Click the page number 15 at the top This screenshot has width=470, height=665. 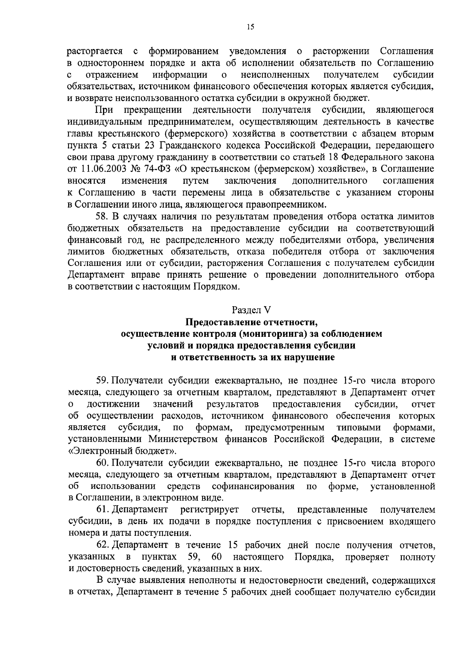coord(251,27)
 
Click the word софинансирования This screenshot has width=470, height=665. coord(253,486)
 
